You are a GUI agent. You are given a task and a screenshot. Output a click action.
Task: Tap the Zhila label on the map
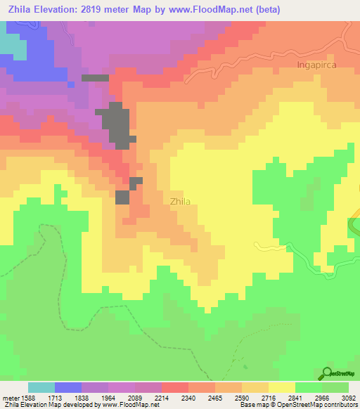(180, 201)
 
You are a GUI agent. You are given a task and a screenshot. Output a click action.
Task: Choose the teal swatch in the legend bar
(41, 387)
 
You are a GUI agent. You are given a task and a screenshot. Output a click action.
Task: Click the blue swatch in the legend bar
(68, 387)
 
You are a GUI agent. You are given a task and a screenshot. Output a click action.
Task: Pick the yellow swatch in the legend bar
(282, 387)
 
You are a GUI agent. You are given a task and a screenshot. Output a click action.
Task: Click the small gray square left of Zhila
(122, 197)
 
